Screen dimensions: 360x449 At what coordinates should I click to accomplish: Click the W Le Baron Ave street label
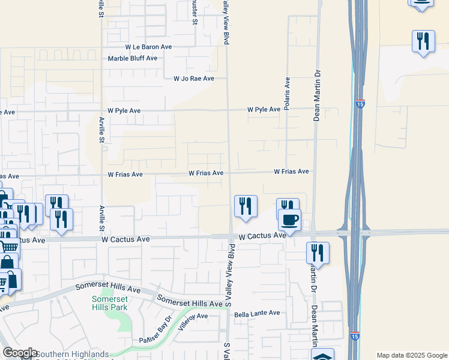[x=148, y=47]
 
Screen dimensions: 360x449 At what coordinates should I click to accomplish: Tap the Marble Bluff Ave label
[x=132, y=58]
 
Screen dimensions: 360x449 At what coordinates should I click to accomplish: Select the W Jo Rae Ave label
[x=193, y=79]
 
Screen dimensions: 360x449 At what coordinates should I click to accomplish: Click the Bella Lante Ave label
[x=257, y=313]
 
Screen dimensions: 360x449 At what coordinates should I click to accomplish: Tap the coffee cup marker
[x=289, y=220]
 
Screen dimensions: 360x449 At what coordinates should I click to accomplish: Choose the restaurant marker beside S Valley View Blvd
[x=246, y=206]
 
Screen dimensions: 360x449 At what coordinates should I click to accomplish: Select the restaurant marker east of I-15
[x=424, y=41]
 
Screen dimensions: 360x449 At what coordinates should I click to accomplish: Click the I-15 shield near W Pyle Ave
[x=360, y=103]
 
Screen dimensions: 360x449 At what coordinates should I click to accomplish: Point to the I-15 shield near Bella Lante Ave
[x=355, y=336]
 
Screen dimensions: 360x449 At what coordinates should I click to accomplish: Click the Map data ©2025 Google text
[x=412, y=355]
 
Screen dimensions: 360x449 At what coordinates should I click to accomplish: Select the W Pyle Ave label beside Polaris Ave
[x=264, y=110]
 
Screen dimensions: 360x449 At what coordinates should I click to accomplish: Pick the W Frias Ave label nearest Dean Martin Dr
[x=291, y=172]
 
